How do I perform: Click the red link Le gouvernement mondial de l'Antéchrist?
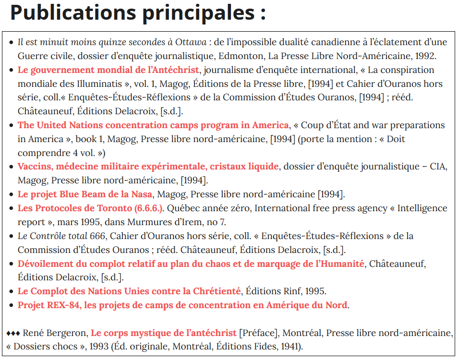coord(108,70)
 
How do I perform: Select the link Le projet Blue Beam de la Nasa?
coord(85,194)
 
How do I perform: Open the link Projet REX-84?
coord(183,305)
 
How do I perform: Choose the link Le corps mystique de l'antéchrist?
coord(164,333)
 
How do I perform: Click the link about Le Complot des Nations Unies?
coord(129,291)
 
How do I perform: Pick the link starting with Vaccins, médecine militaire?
coord(148,167)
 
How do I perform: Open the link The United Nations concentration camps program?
coord(153,125)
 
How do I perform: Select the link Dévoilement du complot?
coord(191,264)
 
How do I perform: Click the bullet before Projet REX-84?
coord(12,305)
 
